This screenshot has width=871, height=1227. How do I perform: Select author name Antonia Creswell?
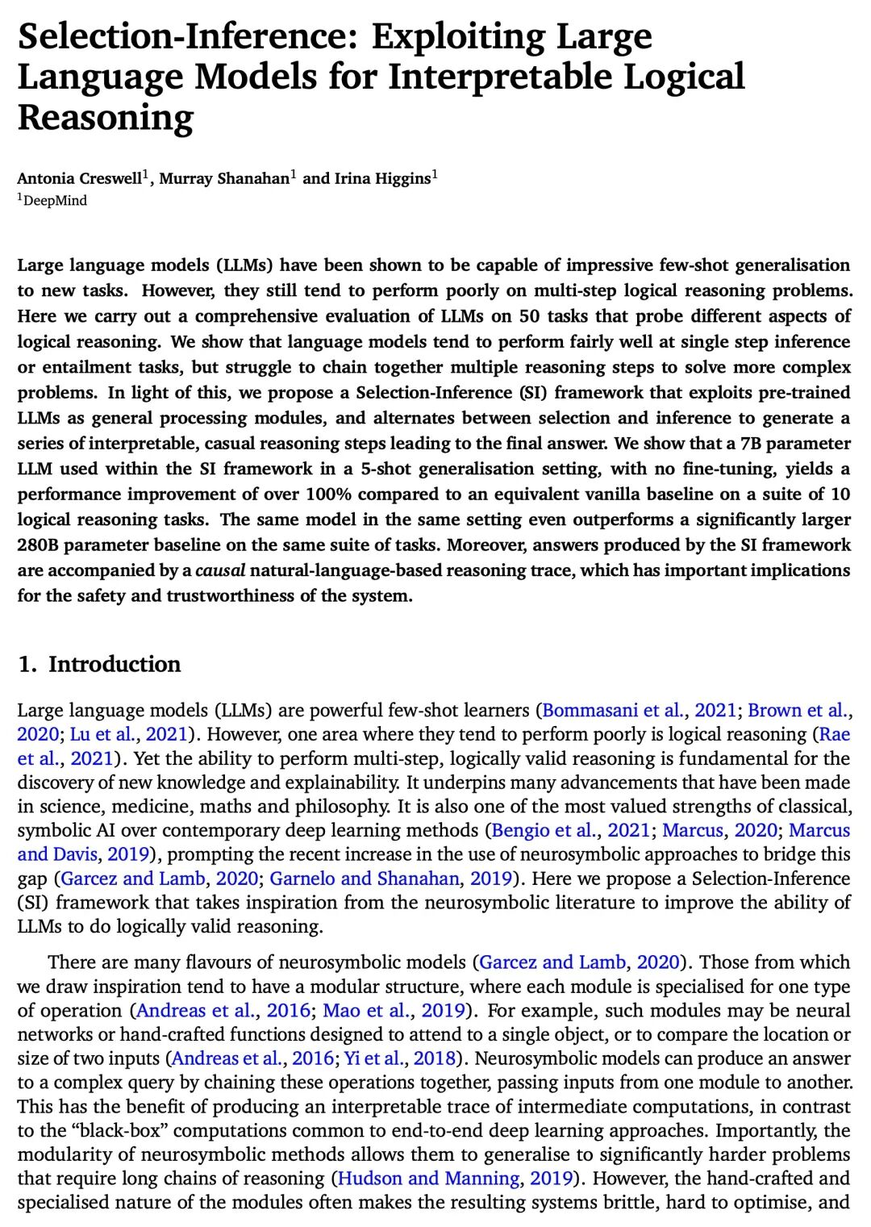pyautogui.click(x=79, y=178)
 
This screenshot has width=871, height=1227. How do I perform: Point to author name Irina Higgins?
pyautogui.click(x=382, y=178)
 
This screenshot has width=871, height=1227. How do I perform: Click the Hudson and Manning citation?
pyautogui.click(x=428, y=1179)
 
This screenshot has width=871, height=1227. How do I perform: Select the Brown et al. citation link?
pyautogui.click(x=798, y=711)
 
